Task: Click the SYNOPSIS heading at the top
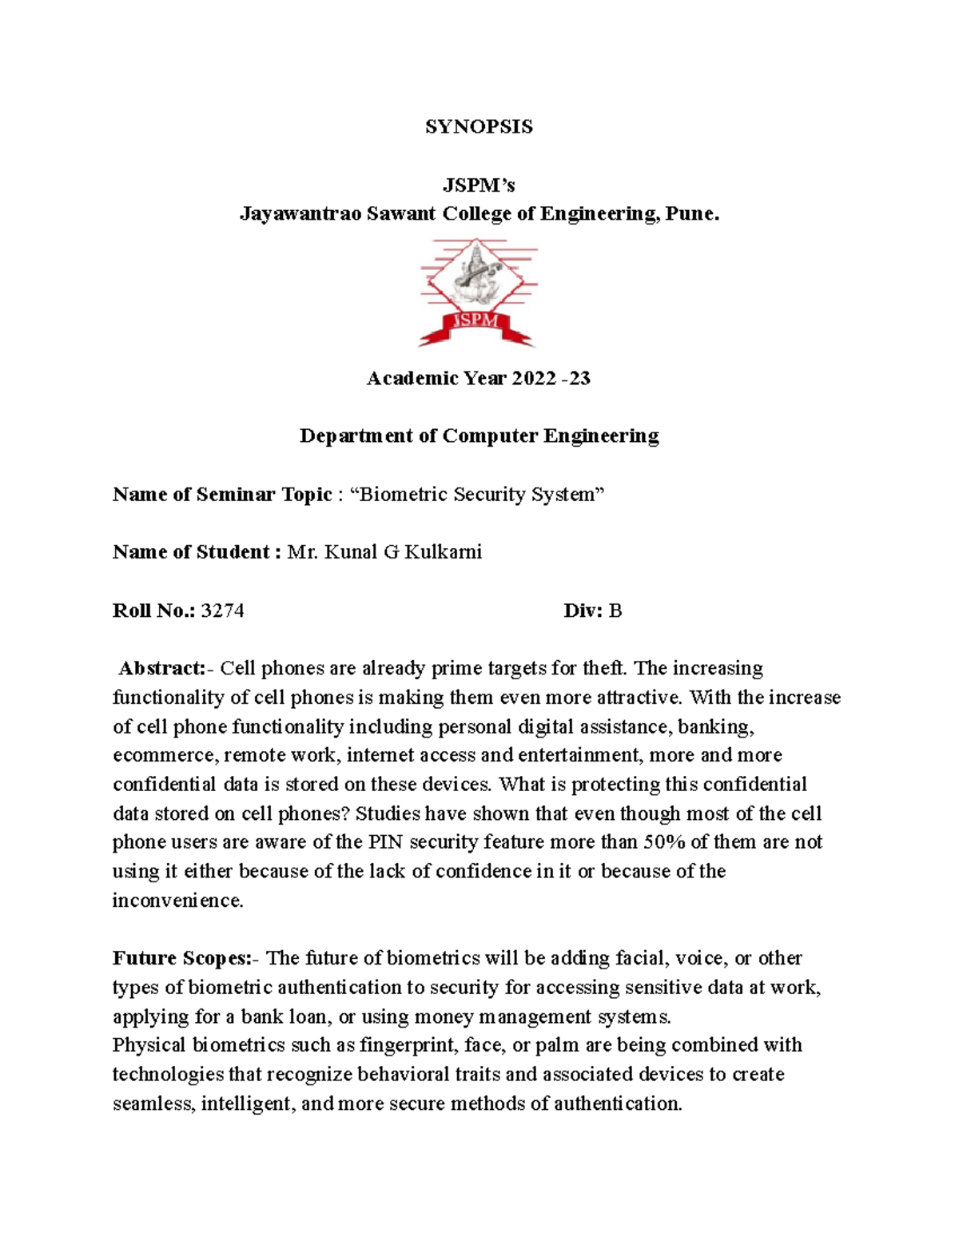[x=479, y=127]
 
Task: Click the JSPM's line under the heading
[x=479, y=185]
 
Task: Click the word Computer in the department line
[x=491, y=436]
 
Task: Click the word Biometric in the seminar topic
[x=404, y=495]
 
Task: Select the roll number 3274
[x=222, y=611]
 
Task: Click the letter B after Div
[x=615, y=611]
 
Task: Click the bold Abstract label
[x=162, y=668]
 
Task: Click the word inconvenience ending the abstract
[x=177, y=901]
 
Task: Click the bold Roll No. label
[x=153, y=611]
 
